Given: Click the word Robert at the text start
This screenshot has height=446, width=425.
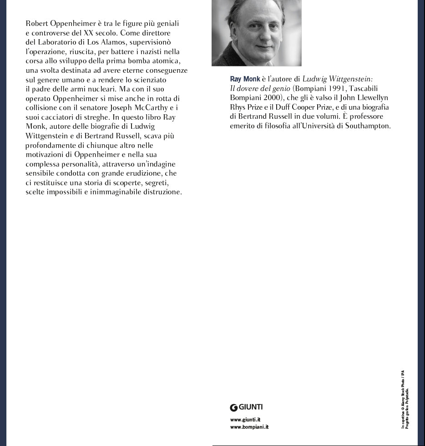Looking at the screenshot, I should click(36, 23).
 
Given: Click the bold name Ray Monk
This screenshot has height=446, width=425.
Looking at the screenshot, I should click(245, 79).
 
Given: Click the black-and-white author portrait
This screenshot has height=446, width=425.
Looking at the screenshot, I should click(256, 33).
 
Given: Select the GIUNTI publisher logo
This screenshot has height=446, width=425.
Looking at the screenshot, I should click(246, 407).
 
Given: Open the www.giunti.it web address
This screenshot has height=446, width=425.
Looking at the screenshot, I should click(245, 420).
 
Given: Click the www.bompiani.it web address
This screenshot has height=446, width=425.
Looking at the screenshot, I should click(249, 427).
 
